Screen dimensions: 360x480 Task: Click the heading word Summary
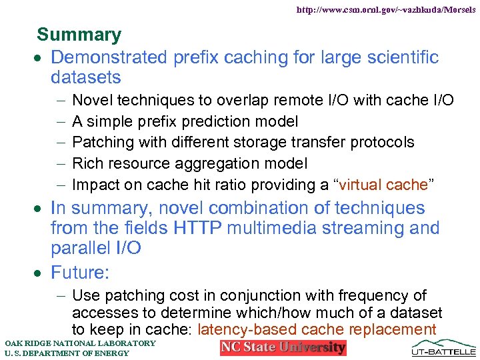point(79,35)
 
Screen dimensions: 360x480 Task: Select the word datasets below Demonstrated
point(85,77)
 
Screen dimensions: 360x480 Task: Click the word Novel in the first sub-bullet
point(91,100)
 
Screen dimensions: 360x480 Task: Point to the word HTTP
point(199,228)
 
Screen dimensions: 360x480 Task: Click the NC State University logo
point(283,347)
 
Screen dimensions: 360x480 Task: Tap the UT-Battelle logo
point(444,347)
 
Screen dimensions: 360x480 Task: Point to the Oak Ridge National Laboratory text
point(80,343)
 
